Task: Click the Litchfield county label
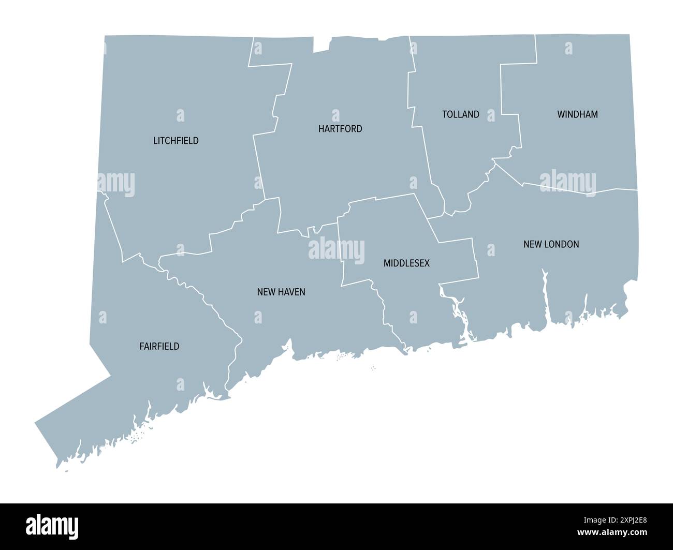[x=176, y=141]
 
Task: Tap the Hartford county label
[x=340, y=129]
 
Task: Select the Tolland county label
[x=461, y=114]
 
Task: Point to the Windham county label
[x=577, y=114]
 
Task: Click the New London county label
[x=551, y=244]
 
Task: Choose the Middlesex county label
[x=406, y=263]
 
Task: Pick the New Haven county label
[x=281, y=292]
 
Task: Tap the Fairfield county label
[x=159, y=346]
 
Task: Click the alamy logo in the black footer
[x=52, y=526]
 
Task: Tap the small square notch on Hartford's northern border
[x=321, y=44]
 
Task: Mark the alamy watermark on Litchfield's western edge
[x=116, y=184]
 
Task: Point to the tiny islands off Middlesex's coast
[x=373, y=368]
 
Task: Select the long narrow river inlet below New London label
[x=545, y=295]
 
